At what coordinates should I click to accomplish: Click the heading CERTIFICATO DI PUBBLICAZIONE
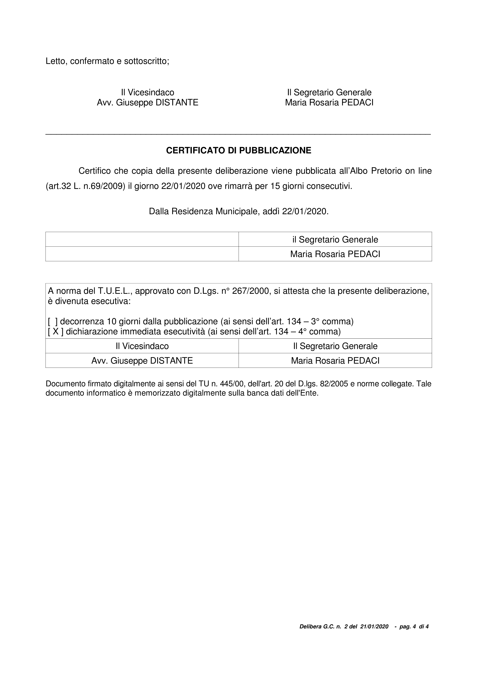238,150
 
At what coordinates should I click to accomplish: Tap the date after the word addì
304,211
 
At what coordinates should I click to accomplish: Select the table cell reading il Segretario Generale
335,240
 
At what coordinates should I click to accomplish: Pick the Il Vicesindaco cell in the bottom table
142,346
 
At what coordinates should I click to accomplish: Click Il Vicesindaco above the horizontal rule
148,93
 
